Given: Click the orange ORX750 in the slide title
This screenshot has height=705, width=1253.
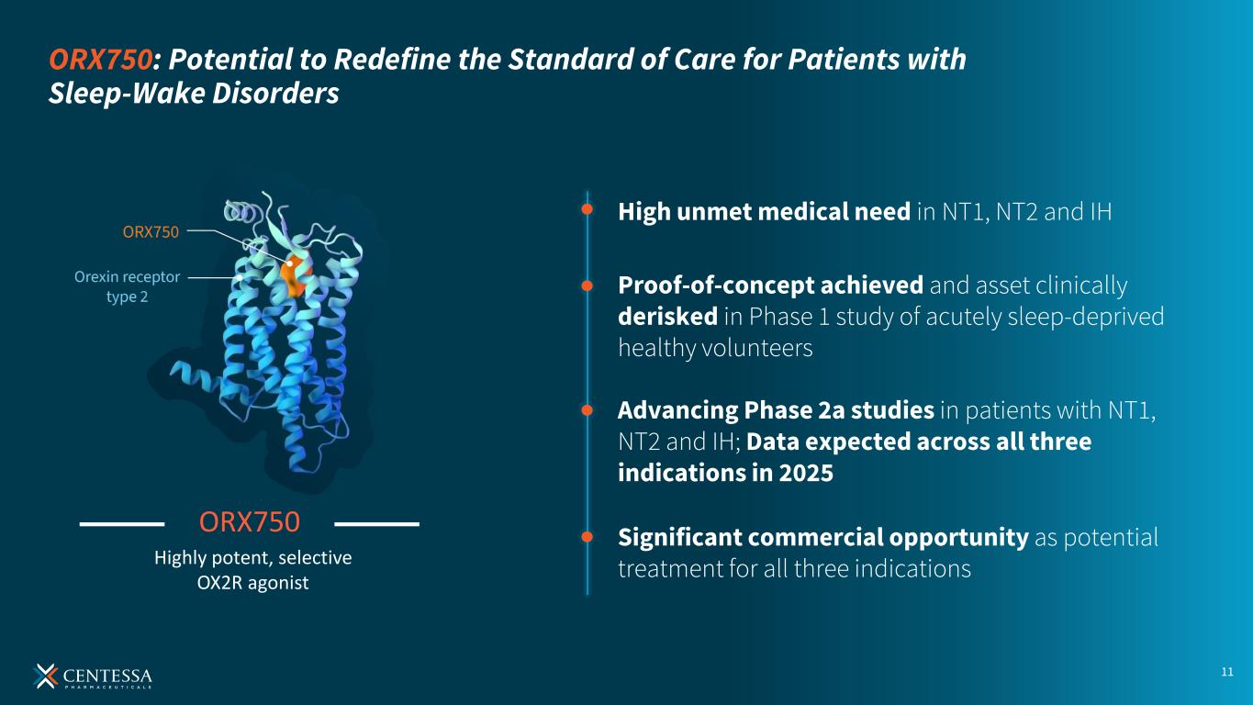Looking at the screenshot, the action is click(100, 60).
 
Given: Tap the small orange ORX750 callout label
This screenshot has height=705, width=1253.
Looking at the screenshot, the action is click(151, 231).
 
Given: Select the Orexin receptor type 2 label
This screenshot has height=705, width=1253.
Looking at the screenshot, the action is click(127, 286).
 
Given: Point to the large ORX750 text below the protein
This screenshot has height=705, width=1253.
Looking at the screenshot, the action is click(250, 521).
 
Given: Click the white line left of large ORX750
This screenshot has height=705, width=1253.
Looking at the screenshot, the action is click(122, 524).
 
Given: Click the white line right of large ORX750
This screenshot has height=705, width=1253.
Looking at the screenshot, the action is click(376, 524).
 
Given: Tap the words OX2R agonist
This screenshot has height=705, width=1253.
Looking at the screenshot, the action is click(252, 583).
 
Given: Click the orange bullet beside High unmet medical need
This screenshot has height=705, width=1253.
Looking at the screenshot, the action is click(587, 209).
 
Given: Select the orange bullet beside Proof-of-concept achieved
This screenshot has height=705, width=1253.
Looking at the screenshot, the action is click(587, 285).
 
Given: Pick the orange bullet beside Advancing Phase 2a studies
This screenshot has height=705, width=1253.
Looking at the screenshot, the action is click(587, 410).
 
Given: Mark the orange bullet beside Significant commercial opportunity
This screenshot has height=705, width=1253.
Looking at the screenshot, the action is click(587, 537).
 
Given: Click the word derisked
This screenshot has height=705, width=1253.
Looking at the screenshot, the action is click(668, 317).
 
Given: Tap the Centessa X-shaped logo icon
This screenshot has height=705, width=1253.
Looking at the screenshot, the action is click(45, 676).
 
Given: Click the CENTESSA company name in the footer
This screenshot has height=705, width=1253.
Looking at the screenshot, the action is click(107, 676).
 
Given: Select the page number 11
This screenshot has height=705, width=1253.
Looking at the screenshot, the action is click(1227, 672).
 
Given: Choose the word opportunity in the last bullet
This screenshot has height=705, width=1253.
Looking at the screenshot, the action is click(958, 538).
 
